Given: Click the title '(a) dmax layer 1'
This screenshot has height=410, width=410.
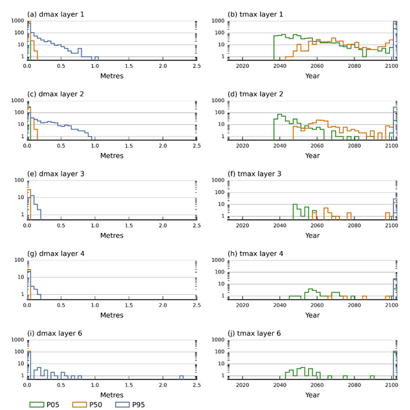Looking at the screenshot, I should (x=56, y=14).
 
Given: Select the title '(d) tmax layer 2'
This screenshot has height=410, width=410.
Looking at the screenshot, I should (x=257, y=93).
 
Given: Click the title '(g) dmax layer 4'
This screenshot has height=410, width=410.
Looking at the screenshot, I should (x=56, y=254).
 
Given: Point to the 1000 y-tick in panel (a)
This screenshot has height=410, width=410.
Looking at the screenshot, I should (x=16, y=21).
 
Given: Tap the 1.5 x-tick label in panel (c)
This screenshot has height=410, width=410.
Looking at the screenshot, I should (x=129, y=146).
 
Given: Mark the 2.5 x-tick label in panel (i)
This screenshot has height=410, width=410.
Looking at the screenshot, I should (x=197, y=386).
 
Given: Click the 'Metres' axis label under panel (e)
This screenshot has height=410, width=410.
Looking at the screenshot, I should (x=112, y=235).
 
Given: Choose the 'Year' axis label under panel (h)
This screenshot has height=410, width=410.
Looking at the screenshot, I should (x=312, y=316).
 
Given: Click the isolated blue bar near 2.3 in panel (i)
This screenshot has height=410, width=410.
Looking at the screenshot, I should (x=182, y=377).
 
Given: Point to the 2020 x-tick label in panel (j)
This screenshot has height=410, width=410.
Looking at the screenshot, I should (x=243, y=386).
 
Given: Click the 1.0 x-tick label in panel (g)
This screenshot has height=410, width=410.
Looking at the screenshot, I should (x=95, y=307).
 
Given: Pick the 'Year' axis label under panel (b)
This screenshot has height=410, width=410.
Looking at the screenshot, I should (x=312, y=76).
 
